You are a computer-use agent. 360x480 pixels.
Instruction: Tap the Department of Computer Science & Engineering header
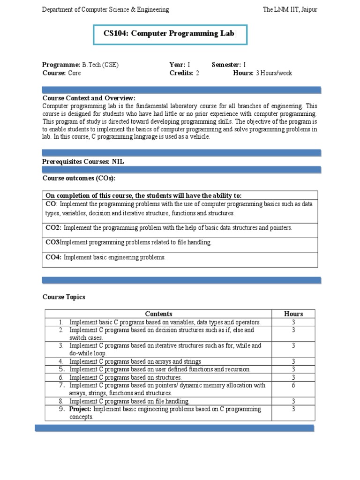105,9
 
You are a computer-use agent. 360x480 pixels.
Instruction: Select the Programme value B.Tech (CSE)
100,65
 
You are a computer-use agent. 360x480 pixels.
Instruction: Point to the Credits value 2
197,73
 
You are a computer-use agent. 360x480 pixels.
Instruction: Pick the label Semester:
226,65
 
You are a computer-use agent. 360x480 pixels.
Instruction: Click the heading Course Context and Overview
89,98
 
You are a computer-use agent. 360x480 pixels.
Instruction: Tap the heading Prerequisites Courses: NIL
83,161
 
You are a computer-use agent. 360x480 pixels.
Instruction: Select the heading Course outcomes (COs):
79,178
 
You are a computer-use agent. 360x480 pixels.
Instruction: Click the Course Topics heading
64,297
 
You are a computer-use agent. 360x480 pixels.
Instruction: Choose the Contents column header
158,314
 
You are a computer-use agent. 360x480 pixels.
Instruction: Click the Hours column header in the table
293,314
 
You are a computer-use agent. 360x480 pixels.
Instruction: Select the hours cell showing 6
293,385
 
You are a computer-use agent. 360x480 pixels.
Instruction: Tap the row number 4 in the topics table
61,361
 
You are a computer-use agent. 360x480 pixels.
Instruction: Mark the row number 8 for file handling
61,401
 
